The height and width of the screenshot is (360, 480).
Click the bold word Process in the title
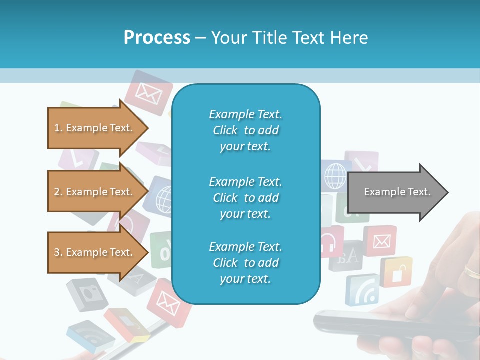coord(157,38)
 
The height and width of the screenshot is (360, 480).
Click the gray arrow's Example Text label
coord(397,192)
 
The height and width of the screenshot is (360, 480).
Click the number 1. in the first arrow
coord(58,128)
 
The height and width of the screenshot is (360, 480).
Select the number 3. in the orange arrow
coord(58,252)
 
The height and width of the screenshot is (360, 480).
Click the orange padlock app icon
coord(396,272)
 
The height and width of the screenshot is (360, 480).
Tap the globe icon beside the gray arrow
coord(335,176)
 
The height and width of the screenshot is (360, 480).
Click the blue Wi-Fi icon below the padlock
coord(362,290)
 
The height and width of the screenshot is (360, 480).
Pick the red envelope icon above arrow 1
coord(145,92)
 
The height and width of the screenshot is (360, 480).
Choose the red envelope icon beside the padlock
coord(381,241)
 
